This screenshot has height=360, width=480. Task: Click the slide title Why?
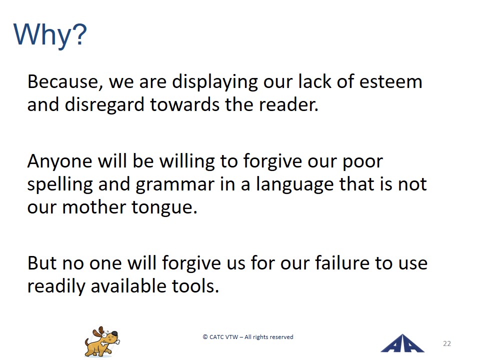[50, 35]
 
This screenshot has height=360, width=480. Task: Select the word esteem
[390, 81]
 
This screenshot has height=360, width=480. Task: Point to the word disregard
[104, 104]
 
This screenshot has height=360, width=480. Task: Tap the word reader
[288, 104]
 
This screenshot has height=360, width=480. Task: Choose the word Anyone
[59, 161]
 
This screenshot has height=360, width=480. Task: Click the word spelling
[60, 185]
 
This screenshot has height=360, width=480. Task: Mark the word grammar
[175, 185]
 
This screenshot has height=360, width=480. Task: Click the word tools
[195, 286]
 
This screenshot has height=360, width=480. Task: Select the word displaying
[215, 82]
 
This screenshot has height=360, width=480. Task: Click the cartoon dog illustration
[102, 341]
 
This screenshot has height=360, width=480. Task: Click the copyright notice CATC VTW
[248, 337]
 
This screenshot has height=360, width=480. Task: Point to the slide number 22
[447, 343]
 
